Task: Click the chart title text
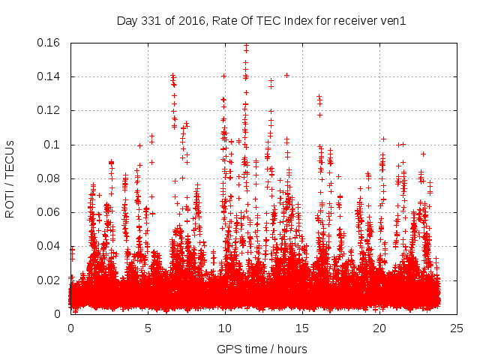[x=261, y=21]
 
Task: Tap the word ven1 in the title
[x=393, y=21]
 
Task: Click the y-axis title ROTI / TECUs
[x=10, y=178]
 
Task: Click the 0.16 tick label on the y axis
[x=49, y=43]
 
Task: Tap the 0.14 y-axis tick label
[x=49, y=76]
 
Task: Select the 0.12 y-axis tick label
[x=49, y=110]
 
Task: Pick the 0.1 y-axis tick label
[x=53, y=144]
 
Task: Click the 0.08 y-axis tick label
[x=49, y=178]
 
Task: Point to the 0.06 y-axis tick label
[x=49, y=212]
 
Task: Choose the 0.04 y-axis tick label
[x=49, y=246]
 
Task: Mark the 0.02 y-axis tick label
[x=49, y=280]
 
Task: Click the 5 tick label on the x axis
[x=148, y=328]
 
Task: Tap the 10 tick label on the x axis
[x=225, y=328]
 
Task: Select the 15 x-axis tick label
[x=302, y=328]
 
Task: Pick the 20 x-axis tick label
[x=379, y=328]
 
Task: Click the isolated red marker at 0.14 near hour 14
[x=286, y=75]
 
